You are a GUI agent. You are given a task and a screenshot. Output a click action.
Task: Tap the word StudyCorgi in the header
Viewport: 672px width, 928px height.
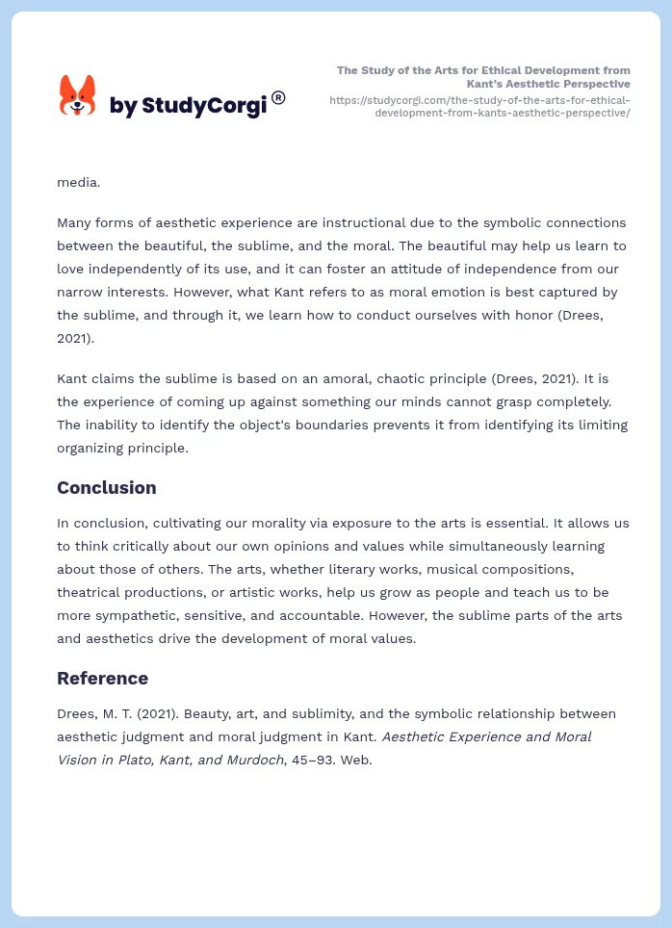tap(203, 106)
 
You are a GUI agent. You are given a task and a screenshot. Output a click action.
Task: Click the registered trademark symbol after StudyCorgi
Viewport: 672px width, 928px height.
tap(278, 97)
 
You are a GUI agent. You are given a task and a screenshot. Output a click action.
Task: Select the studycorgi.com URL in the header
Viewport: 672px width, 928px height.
tap(479, 106)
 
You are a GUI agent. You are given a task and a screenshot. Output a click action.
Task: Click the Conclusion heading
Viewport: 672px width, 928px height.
tap(106, 488)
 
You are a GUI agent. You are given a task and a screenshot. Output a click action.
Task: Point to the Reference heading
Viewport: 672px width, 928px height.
tap(102, 679)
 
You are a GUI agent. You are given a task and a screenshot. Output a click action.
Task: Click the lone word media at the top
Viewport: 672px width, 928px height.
tap(78, 181)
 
